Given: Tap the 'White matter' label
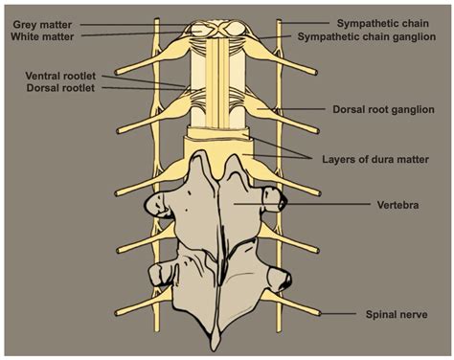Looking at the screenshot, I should pyautogui.click(x=41, y=35).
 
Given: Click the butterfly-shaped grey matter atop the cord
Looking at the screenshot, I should pyautogui.click(x=220, y=31).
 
